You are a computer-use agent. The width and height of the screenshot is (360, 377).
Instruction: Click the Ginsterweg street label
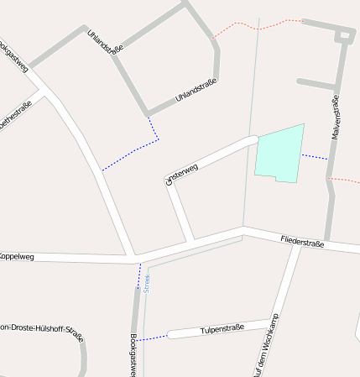182,173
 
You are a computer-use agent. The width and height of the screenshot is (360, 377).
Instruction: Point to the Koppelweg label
17,256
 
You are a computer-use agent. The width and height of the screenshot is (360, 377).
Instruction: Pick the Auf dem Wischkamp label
264,344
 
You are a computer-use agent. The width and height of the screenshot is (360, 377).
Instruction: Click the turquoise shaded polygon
279,152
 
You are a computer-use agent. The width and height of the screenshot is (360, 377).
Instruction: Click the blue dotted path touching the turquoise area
315,156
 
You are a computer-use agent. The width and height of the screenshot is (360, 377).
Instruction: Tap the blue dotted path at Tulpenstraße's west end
154,338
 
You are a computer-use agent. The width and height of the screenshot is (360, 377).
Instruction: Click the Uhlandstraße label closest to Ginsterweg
196,91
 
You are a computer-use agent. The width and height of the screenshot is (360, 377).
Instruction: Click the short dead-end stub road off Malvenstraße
316,83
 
